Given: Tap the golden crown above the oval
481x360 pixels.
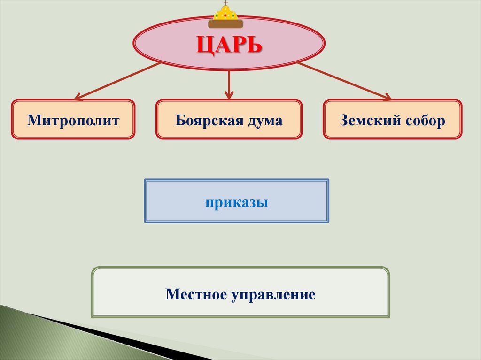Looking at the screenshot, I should pos(226,14).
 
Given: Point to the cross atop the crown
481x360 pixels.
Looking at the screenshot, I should pos(226,2).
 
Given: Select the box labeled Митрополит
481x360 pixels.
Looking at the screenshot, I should pos(73,120).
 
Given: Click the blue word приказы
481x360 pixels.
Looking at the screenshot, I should pos(236,203).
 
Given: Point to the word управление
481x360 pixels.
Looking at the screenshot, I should pos(272,295).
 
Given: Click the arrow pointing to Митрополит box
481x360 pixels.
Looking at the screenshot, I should pos(117,81).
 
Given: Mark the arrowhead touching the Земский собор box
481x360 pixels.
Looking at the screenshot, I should pos(386,97).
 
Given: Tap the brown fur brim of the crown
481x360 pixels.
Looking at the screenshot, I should pos(226,23).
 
